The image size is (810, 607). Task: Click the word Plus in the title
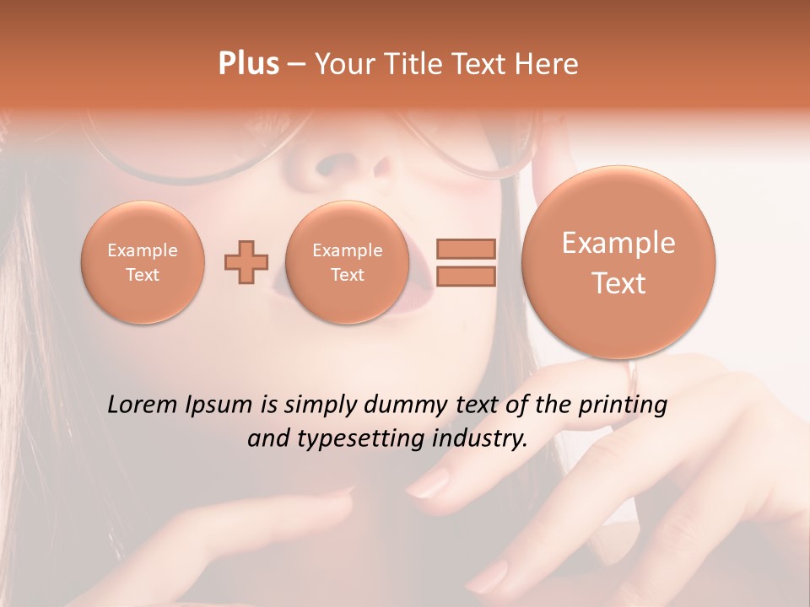(x=248, y=64)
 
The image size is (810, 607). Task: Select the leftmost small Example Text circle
(x=143, y=262)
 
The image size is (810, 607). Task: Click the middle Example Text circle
(x=348, y=262)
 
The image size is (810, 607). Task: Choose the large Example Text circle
(x=618, y=262)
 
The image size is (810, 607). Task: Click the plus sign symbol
(x=246, y=262)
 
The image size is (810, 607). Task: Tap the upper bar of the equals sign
(x=465, y=249)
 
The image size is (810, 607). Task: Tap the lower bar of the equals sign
(x=465, y=276)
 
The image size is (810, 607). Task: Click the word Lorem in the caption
(x=143, y=405)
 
